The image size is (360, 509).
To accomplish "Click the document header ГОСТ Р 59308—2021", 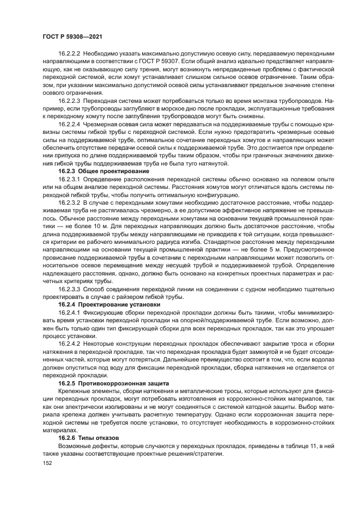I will (72, 36).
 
